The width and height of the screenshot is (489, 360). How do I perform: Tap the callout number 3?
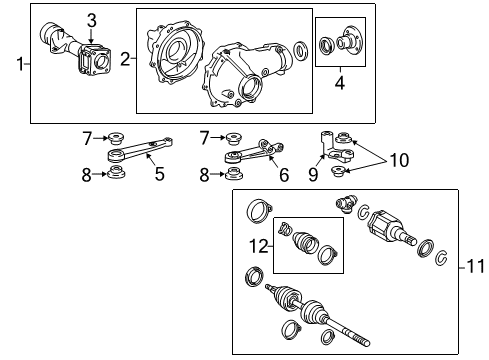91,20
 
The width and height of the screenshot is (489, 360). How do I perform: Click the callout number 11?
476,267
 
